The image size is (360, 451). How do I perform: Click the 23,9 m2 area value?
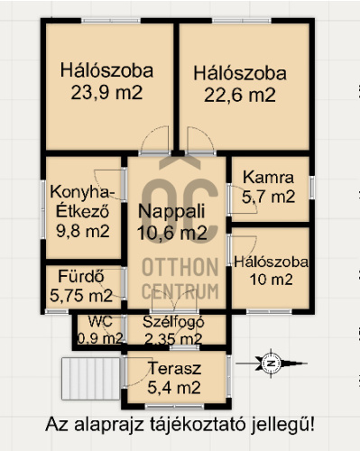click(106, 91)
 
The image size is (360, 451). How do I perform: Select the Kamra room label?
click(268, 179)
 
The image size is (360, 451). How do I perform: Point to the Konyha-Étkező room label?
click(82, 202)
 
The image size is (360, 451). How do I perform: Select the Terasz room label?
click(174, 371)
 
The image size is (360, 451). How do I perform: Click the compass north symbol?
click(270, 363)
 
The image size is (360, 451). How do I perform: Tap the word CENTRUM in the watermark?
click(180, 290)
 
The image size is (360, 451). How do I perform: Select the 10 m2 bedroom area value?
click(271, 280)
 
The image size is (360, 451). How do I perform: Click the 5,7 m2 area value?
click(268, 196)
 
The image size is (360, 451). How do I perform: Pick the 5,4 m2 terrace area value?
click(174, 389)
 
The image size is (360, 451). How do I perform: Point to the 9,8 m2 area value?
click(82, 231)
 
